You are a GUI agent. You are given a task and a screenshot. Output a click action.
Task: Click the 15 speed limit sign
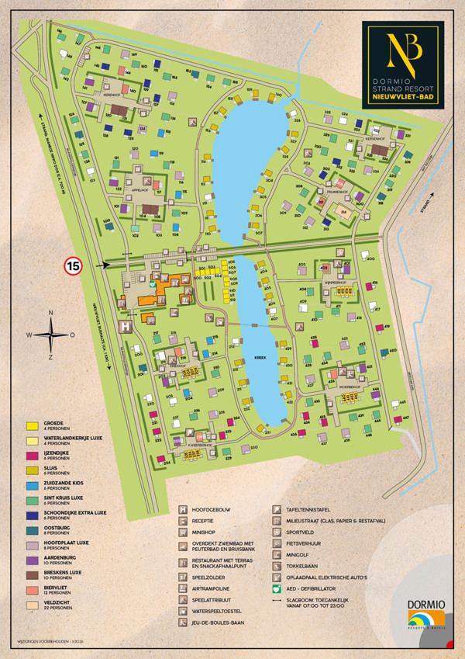click(73, 265)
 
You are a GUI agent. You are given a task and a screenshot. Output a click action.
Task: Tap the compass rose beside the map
click(51, 335)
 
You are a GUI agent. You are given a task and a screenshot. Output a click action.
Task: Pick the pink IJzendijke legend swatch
click(32, 456)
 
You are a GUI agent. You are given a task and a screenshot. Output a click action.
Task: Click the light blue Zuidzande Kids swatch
click(32, 484)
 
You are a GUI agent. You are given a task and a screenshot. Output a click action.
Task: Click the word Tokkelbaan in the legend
click(308, 567)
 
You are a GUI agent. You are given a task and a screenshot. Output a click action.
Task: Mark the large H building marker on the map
click(124, 328)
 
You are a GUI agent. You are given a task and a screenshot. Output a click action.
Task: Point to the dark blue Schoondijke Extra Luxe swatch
click(32, 513)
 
